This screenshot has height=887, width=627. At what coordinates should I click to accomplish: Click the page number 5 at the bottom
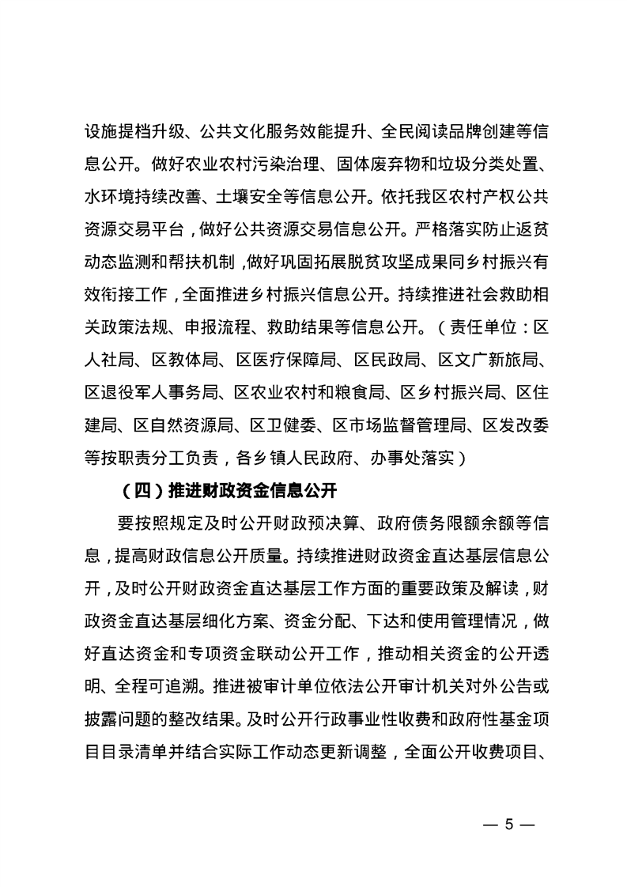pos(509,825)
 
